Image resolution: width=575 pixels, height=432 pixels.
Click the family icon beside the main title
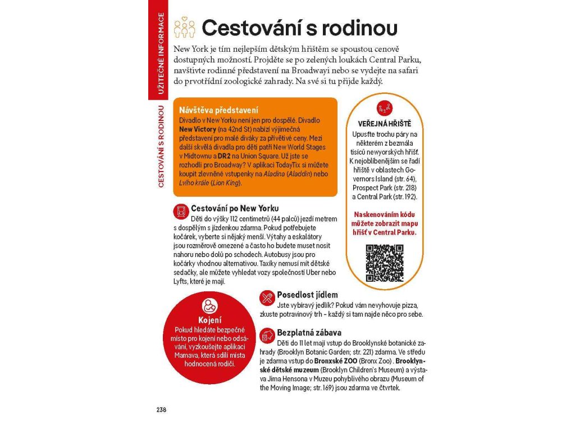pos(185,28)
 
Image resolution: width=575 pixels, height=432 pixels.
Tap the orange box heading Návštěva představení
pos(214,110)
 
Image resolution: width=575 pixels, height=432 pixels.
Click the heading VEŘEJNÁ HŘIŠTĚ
pos(385,124)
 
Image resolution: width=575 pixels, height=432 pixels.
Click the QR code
pos(385,263)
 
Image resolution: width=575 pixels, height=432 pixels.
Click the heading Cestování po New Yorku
pos(234,208)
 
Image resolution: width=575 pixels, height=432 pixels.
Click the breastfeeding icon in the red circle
pos(209,306)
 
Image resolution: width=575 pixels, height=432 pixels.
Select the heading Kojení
pos(209,320)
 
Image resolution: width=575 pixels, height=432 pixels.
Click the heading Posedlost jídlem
pos(307,295)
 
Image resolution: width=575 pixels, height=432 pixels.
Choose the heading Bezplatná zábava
pos(309,332)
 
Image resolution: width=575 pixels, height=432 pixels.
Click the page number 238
pos(161,409)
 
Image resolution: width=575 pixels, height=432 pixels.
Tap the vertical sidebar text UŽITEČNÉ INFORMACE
pos(161,53)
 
